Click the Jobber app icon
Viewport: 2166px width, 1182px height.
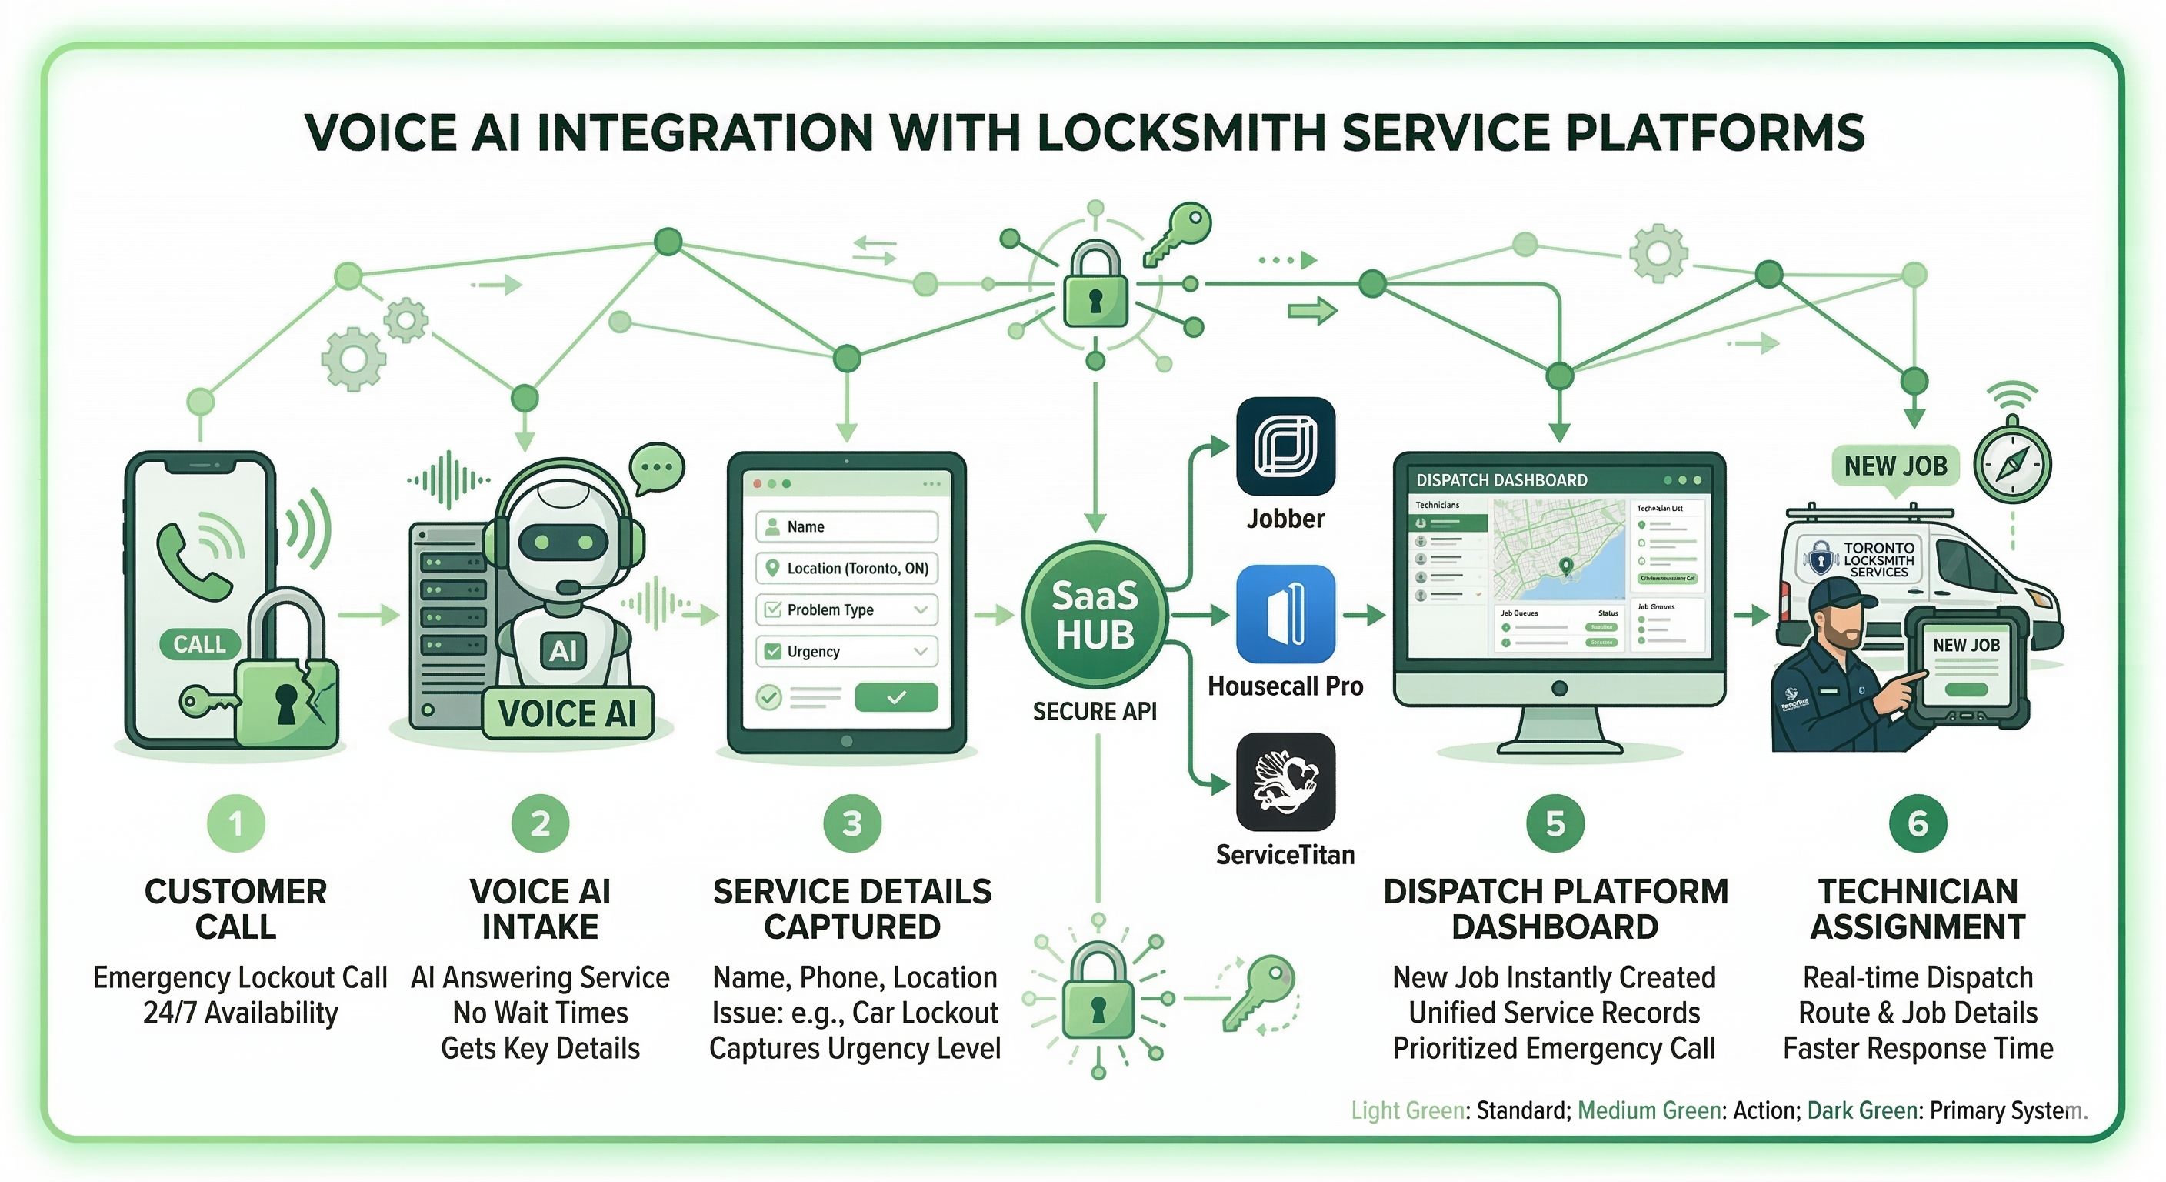pos(1285,446)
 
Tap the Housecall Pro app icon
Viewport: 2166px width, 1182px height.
pos(1285,614)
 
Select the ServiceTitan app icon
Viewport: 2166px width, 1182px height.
pos(1285,782)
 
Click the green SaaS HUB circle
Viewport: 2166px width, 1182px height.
pos(1094,615)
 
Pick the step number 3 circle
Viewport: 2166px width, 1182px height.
pos(851,823)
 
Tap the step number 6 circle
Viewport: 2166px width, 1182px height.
pos(1917,823)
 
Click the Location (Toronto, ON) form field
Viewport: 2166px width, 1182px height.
pos(847,568)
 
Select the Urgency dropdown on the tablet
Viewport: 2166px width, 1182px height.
pos(847,651)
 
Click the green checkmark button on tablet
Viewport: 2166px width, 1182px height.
pos(895,696)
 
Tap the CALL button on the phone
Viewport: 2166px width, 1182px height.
pos(199,644)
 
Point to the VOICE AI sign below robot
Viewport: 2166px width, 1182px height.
pos(568,714)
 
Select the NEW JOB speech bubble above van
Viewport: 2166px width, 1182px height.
pos(1895,466)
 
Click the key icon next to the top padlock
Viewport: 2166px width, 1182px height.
pos(1176,233)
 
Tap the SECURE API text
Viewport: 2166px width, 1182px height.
pos(1094,712)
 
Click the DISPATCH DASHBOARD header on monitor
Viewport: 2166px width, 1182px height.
pos(1501,480)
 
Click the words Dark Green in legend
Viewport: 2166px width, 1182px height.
pos(1861,1110)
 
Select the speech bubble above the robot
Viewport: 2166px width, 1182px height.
pos(657,467)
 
